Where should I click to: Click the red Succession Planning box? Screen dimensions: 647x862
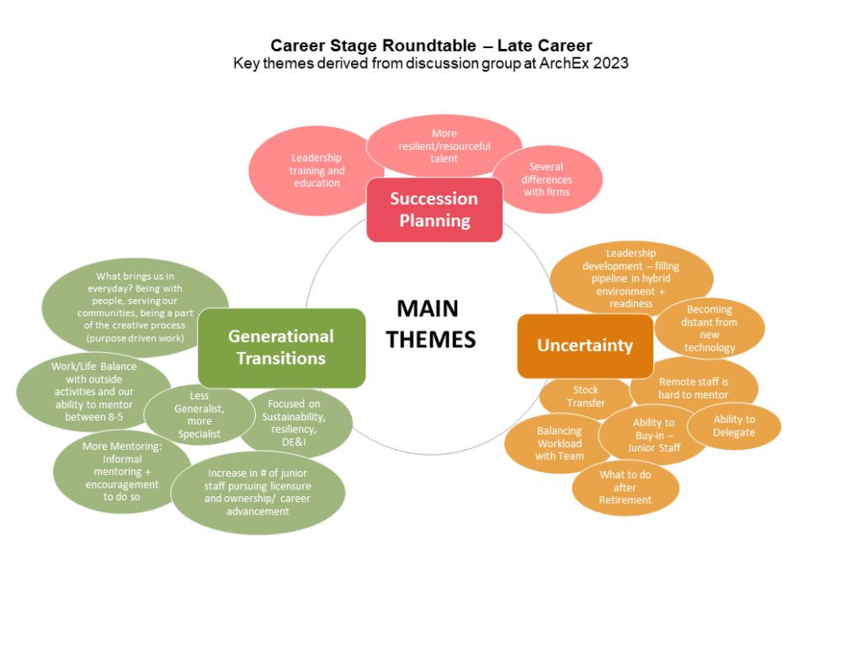[434, 210]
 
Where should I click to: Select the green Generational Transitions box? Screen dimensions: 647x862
[281, 347]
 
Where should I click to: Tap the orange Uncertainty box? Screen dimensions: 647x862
[585, 345]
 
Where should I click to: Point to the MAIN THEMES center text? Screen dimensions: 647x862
[431, 323]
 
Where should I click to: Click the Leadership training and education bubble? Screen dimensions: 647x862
[316, 170]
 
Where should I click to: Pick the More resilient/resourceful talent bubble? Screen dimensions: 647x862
[444, 146]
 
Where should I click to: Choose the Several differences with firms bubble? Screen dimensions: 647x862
[546, 179]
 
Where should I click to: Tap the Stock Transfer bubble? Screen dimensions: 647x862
[585, 397]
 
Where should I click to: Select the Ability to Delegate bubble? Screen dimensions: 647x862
[734, 426]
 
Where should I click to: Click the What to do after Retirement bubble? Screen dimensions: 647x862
[625, 488]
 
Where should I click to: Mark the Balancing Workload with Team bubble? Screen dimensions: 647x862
[559, 444]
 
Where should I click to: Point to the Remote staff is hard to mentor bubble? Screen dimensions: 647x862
[694, 388]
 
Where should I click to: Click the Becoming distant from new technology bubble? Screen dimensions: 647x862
[710, 329]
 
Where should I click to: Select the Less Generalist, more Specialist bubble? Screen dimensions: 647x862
[199, 415]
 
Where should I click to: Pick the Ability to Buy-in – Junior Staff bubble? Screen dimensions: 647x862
[654, 436]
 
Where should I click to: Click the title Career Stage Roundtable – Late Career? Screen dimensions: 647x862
[431, 45]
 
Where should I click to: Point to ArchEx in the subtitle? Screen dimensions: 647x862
[557, 63]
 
